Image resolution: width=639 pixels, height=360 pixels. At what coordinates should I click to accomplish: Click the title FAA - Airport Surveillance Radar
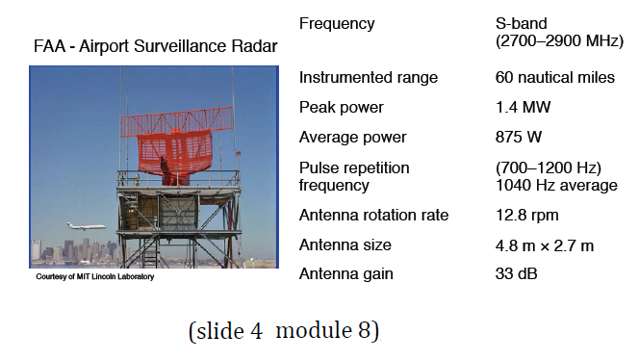tap(155, 46)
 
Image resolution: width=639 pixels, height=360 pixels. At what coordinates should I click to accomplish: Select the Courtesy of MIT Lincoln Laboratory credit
tap(94, 276)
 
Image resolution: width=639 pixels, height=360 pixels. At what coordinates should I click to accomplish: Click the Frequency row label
tap(337, 23)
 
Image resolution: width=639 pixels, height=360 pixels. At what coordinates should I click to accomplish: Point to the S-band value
tap(521, 23)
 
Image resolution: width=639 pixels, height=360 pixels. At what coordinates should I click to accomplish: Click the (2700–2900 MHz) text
tap(555, 41)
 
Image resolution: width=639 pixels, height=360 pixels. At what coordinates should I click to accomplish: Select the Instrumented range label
tap(369, 77)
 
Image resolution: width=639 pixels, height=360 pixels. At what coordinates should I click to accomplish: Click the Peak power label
tap(342, 107)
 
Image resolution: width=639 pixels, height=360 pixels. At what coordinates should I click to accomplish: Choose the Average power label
tap(353, 137)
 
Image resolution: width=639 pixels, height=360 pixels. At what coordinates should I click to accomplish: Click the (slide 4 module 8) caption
tap(285, 331)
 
